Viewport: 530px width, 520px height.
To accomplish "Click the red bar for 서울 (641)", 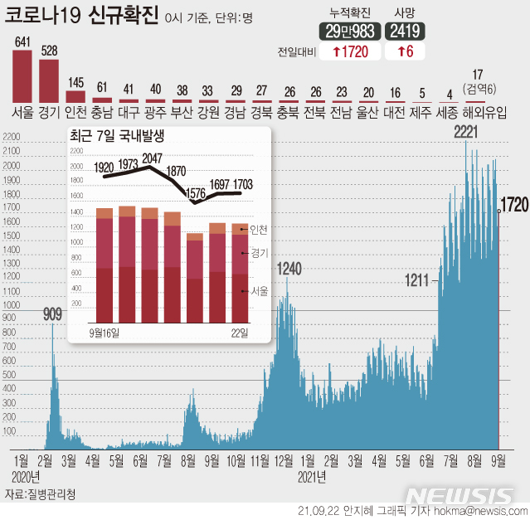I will [x=22, y=75].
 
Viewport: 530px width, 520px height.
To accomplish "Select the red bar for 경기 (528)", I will [x=50, y=80].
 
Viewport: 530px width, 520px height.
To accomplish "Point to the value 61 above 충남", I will [x=102, y=87].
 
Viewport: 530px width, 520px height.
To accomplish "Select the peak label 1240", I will [x=289, y=268].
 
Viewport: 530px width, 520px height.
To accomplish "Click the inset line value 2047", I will [x=152, y=159].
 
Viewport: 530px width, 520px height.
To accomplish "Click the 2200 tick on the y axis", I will [x=11, y=151].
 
